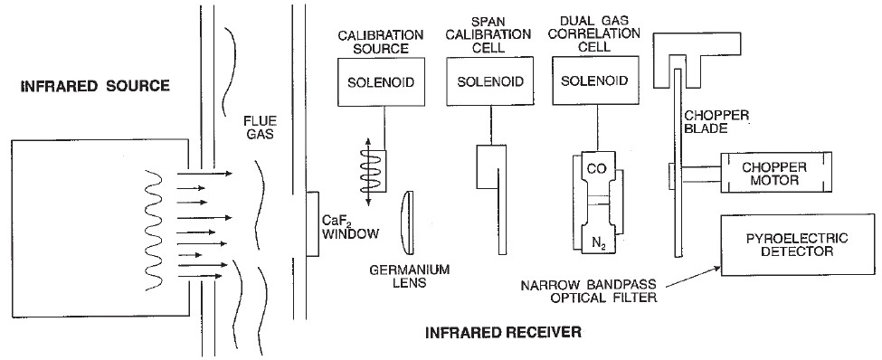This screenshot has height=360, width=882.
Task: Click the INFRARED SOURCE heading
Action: [x=94, y=86]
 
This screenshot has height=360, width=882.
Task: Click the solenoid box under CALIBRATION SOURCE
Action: [x=380, y=82]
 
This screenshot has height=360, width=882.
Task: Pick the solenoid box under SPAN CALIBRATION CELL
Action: [x=490, y=81]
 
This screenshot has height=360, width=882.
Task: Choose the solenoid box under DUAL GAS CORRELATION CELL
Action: [x=594, y=81]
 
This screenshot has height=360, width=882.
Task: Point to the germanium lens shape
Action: [x=408, y=223]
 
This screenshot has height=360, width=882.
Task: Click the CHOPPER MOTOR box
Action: [x=774, y=173]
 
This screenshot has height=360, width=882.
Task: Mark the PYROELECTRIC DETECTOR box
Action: [x=797, y=245]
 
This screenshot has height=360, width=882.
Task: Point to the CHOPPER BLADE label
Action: [x=716, y=122]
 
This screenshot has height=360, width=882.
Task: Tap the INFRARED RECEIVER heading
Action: [x=503, y=333]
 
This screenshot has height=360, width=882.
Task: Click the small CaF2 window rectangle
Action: [x=313, y=224]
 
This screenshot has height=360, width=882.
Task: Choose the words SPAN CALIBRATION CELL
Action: [x=490, y=35]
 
